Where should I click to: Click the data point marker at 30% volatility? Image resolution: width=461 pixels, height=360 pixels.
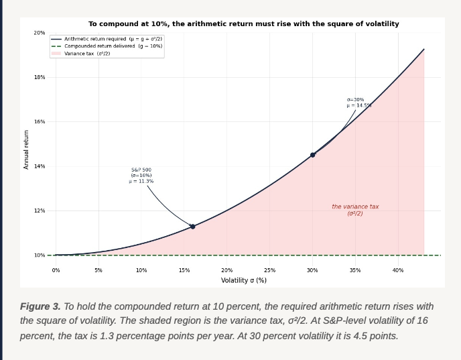312,155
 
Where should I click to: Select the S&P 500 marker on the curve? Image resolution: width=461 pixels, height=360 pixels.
192,227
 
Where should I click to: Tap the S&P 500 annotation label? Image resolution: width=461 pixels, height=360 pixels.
141,176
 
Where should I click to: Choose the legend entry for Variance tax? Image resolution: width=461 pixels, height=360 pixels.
80,54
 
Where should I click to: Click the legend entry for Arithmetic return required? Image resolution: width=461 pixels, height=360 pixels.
107,39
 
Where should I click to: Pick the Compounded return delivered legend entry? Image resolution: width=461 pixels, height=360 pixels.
107,46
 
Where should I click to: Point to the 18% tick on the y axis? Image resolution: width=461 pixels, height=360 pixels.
40,77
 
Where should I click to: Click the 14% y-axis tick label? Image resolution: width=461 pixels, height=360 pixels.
40,166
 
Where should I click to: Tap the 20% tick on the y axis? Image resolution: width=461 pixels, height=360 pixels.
40,33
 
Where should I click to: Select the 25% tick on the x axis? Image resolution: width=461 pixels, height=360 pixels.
269,270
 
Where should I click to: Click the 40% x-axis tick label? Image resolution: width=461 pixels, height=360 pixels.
398,270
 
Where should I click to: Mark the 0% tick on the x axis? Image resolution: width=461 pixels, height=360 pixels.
56,270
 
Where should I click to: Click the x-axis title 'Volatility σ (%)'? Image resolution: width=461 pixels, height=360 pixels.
244,280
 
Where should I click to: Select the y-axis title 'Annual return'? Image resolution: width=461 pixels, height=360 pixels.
26,149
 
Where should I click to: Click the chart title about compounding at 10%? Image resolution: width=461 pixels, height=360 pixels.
244,24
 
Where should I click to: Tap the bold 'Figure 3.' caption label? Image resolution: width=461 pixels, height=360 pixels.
40,306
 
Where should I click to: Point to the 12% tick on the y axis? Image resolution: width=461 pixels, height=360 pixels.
40,211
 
